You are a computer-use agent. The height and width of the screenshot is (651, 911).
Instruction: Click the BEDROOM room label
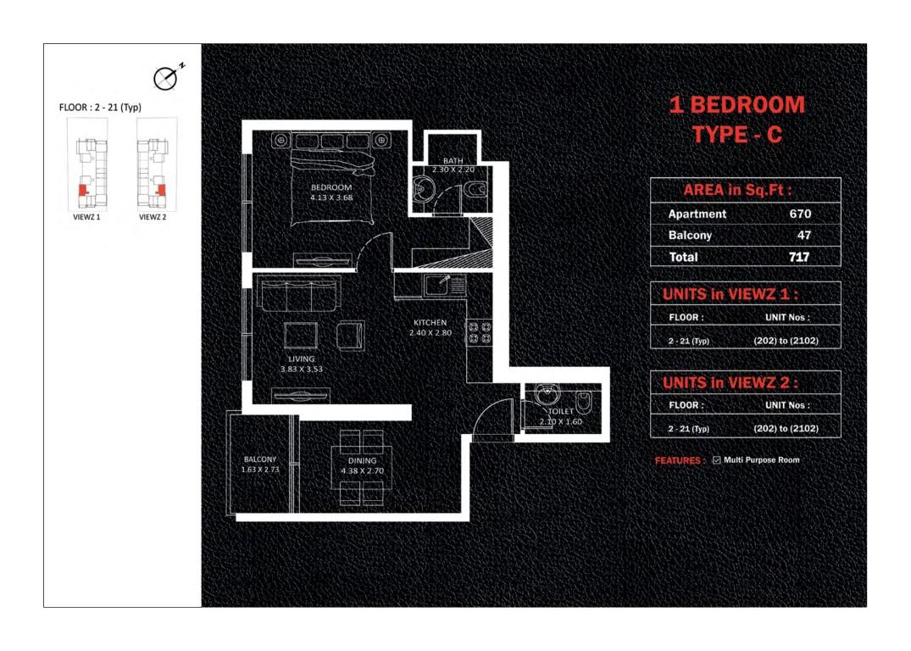(x=331, y=187)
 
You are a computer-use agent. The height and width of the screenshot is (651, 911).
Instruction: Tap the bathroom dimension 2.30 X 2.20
(x=453, y=170)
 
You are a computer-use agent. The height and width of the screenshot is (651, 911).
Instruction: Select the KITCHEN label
(x=430, y=323)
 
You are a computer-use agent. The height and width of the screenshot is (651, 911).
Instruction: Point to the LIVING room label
(x=302, y=359)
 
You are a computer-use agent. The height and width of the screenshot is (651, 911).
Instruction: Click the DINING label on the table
(x=363, y=460)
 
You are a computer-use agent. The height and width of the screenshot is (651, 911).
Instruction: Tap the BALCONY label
(x=259, y=459)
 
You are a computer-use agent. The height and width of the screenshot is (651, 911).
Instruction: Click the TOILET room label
(x=561, y=411)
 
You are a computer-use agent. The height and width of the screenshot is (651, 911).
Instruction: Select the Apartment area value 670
(x=800, y=214)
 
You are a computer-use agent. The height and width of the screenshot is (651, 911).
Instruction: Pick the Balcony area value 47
(x=803, y=235)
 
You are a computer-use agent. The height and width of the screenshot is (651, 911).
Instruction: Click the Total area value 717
(x=799, y=256)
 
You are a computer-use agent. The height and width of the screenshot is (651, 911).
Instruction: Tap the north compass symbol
(x=166, y=77)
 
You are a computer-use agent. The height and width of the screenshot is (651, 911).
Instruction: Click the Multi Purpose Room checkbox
(x=716, y=459)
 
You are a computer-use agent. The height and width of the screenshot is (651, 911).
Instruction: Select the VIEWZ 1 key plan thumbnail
(x=87, y=165)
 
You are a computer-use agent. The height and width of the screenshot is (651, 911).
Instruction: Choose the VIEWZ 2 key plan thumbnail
(x=157, y=165)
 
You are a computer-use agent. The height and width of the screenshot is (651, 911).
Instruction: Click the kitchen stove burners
(x=480, y=333)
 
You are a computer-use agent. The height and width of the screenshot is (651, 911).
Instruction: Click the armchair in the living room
(x=350, y=335)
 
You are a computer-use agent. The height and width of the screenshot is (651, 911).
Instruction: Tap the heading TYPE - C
(x=736, y=135)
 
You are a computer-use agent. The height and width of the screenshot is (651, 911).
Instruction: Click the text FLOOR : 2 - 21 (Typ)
(x=100, y=107)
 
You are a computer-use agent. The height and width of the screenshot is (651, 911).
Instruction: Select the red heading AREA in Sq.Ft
(x=737, y=190)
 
